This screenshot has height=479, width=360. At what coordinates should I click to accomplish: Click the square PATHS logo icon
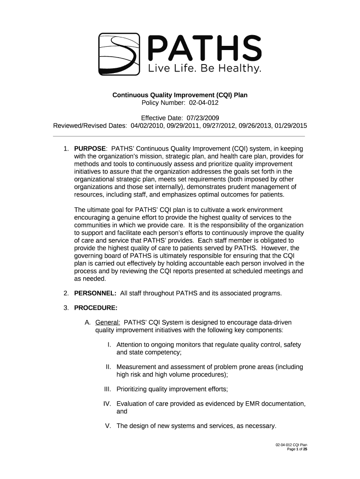coord(119,54)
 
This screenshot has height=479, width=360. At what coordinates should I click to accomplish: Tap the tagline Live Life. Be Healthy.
coord(204,69)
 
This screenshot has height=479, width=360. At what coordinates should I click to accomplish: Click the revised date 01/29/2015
coord(291,126)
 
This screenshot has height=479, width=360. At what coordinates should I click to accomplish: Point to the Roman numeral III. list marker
coord(108,389)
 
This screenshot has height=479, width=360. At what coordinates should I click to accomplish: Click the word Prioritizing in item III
coord(133,389)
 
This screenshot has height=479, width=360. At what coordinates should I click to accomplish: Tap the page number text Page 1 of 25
coord(297,449)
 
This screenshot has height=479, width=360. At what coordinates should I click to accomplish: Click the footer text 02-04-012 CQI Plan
coord(291,444)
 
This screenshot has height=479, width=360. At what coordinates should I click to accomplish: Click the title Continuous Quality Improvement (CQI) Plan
coord(180,95)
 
